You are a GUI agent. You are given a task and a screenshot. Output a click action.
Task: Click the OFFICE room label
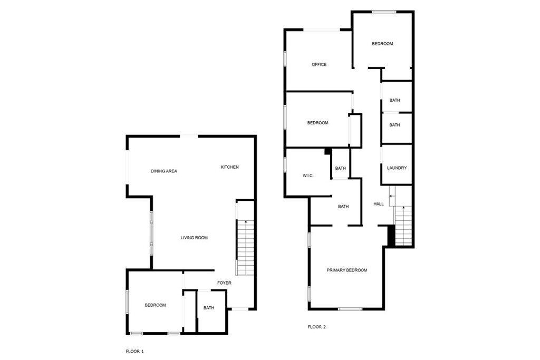(x=319, y=65)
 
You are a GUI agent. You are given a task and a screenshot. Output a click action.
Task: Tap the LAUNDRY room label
(x=397, y=168)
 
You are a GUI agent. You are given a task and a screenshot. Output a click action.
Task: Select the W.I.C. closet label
(x=308, y=176)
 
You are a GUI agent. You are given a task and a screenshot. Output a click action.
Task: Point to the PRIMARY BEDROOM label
(x=346, y=270)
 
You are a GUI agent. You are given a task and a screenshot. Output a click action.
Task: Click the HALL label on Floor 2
(x=379, y=204)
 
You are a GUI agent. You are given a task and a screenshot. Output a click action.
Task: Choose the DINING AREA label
(x=163, y=171)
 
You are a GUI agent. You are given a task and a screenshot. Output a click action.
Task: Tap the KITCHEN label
(x=229, y=167)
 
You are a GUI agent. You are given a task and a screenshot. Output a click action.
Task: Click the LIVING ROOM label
(x=194, y=238)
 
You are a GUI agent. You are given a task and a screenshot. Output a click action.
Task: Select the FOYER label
(x=224, y=283)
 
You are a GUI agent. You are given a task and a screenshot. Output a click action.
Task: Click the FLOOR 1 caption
(x=134, y=351)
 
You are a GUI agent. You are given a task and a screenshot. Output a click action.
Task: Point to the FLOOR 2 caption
(x=316, y=327)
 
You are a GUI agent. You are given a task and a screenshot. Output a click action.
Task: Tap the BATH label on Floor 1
(x=209, y=308)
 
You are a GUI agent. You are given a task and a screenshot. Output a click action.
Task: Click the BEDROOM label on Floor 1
(x=156, y=305)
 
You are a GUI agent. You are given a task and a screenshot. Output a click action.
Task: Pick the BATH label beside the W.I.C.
(x=340, y=169)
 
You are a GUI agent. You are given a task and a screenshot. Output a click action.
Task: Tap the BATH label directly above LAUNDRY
(x=394, y=125)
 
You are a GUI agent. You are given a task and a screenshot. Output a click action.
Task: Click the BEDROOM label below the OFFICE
(x=317, y=123)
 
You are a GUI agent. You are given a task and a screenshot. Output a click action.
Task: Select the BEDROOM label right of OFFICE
(x=382, y=44)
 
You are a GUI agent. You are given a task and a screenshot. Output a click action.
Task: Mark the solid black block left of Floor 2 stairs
(x=391, y=235)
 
